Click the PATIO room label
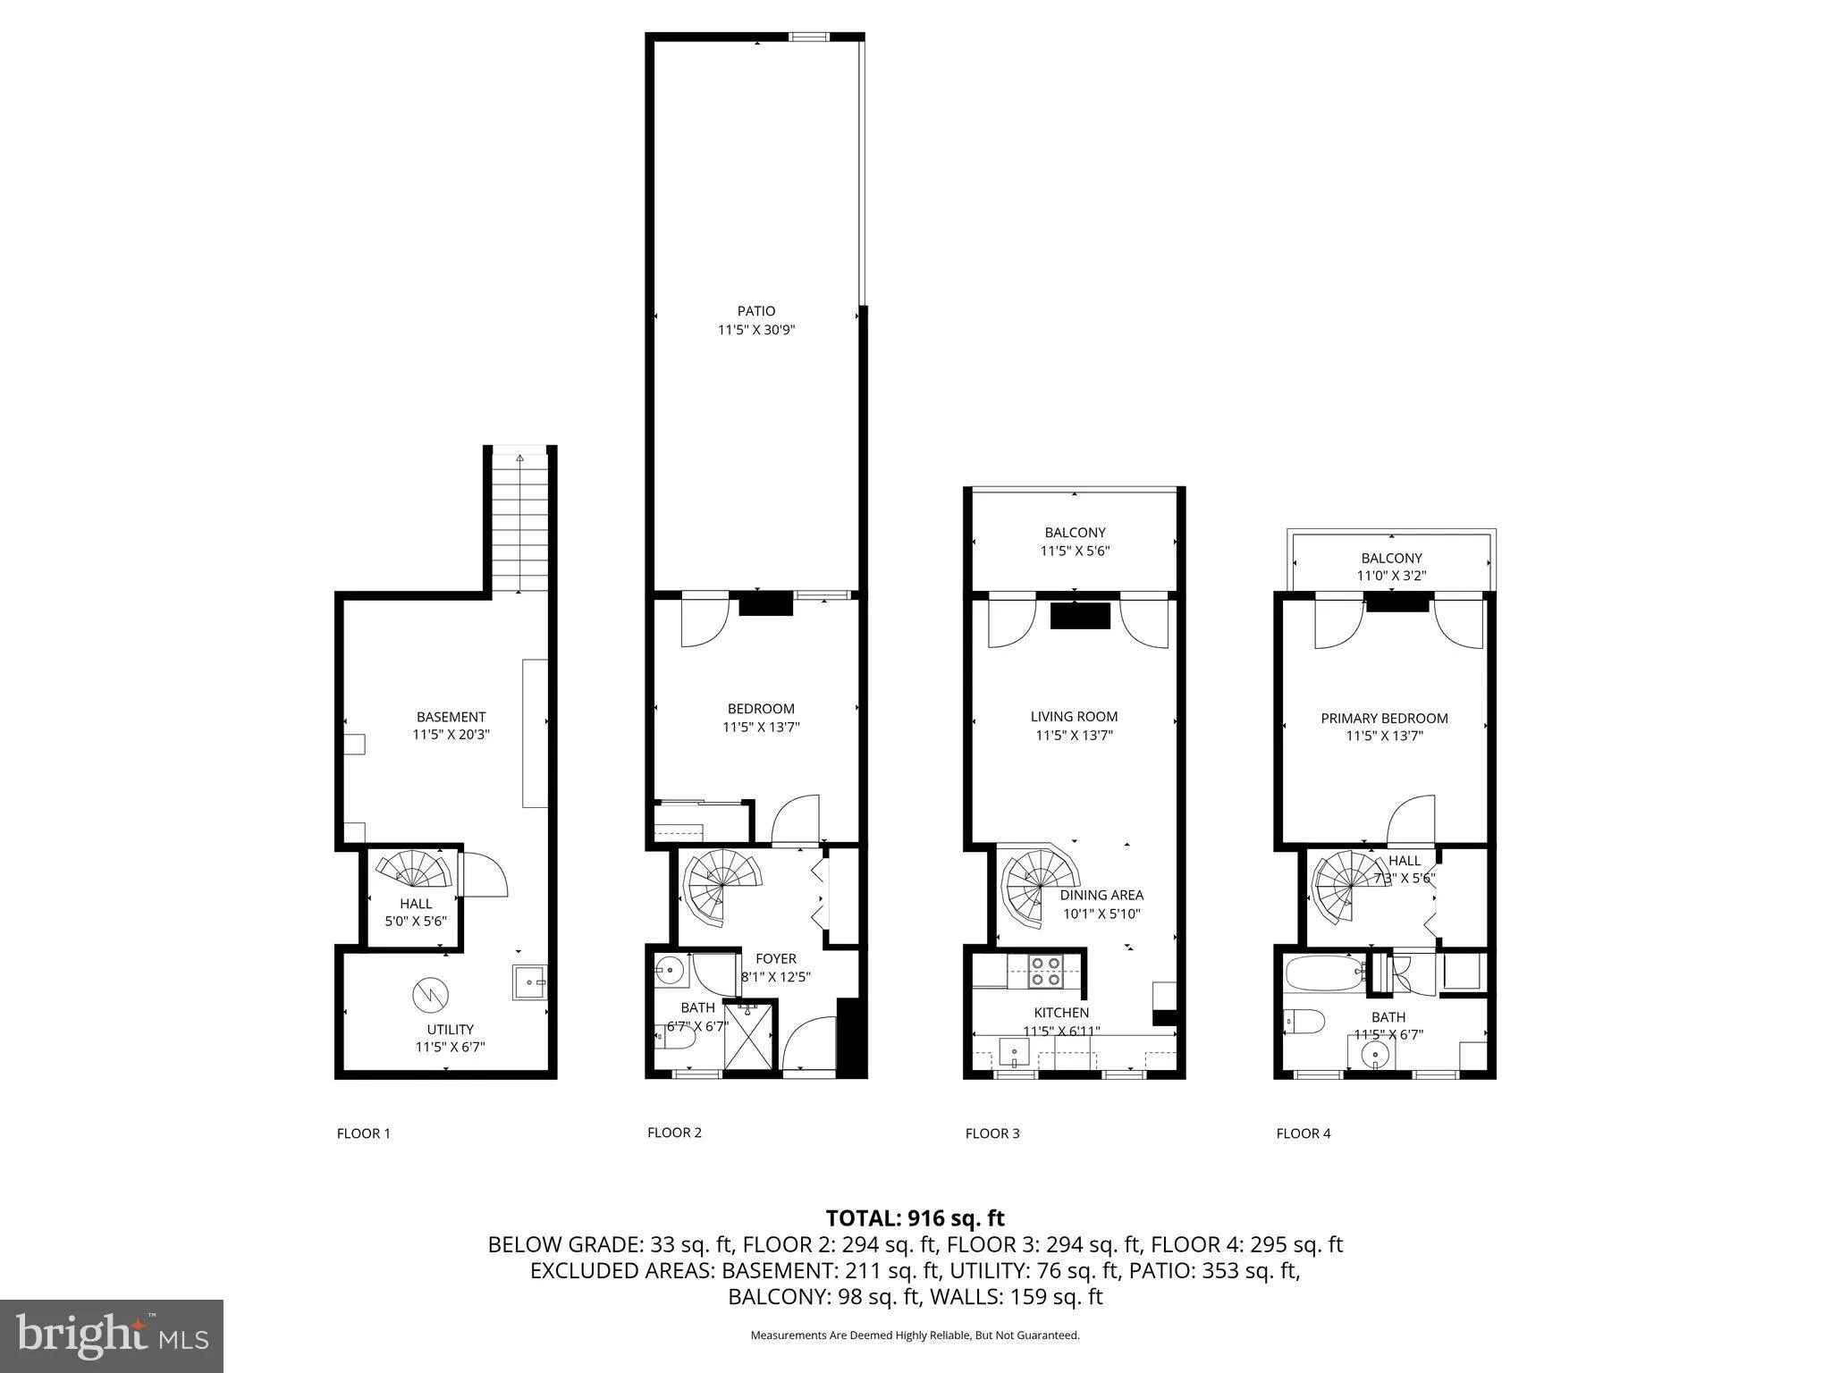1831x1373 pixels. (x=755, y=311)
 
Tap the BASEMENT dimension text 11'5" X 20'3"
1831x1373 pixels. (x=451, y=735)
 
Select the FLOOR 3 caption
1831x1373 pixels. (x=991, y=1133)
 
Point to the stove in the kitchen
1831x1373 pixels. (x=1046, y=971)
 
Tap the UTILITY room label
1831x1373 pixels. (x=450, y=1029)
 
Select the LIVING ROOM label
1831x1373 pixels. (x=1074, y=716)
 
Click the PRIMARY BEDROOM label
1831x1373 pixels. (x=1384, y=718)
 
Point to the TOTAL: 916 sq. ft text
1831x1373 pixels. (x=915, y=1217)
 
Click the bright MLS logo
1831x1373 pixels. (x=111, y=1335)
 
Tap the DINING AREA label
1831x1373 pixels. (x=1101, y=895)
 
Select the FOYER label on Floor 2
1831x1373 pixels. (x=775, y=958)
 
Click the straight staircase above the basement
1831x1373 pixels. (x=519, y=523)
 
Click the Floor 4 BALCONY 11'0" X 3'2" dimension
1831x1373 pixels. (x=1390, y=576)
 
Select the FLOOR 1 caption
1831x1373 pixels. (x=363, y=1133)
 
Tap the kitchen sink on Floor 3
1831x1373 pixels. (x=1015, y=1053)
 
